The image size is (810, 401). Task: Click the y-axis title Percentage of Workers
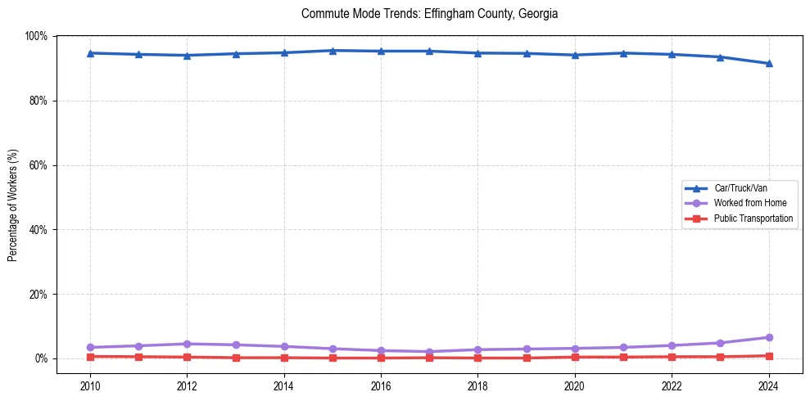(13, 205)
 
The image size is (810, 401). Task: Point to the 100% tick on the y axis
(36, 36)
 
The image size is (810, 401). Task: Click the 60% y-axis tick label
(38, 165)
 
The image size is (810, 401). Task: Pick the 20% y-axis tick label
(38, 294)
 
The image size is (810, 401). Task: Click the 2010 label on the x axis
(90, 385)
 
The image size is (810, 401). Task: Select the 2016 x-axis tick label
(381, 385)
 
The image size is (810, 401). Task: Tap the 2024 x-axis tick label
(768, 385)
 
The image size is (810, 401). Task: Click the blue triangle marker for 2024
(768, 63)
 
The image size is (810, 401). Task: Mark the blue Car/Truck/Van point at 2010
(90, 53)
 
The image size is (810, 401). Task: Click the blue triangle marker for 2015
(333, 51)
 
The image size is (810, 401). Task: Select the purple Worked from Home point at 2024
(768, 337)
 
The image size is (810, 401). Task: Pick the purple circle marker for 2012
(187, 344)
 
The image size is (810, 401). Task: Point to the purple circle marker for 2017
(429, 352)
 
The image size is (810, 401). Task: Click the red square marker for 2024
(768, 356)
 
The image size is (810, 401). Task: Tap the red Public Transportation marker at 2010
(90, 357)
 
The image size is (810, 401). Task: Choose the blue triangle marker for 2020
(575, 55)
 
